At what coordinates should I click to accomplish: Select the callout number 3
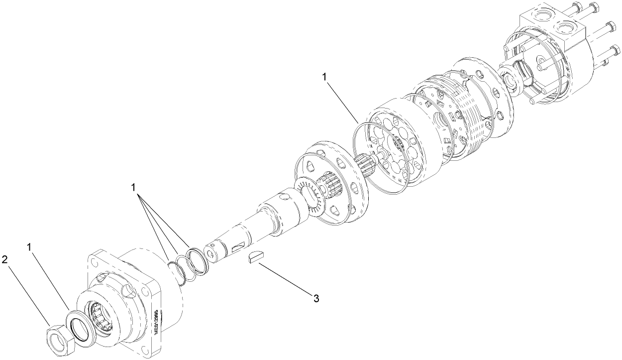(315, 298)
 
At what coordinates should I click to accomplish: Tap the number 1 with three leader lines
(133, 187)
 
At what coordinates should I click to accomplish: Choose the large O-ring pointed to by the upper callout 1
(381, 155)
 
